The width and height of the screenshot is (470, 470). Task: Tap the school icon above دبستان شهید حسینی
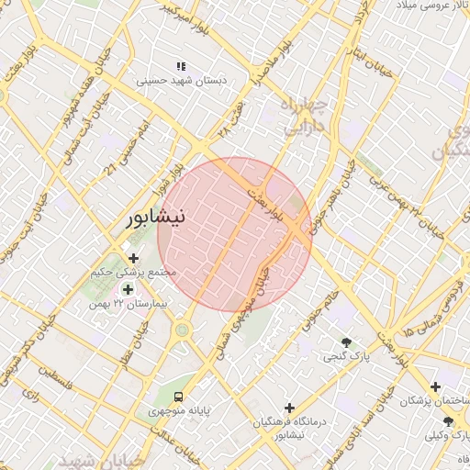pyautogui.click(x=181, y=66)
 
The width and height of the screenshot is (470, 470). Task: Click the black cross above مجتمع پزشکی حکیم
pyautogui.click(x=134, y=258)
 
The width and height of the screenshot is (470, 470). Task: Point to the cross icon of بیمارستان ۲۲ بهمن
pyautogui.click(x=127, y=289)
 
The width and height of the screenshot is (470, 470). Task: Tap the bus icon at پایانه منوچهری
pyautogui.click(x=177, y=397)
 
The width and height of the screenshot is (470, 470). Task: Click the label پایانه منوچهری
pyautogui.click(x=179, y=411)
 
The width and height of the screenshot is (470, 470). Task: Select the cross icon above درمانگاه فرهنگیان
pyautogui.click(x=290, y=407)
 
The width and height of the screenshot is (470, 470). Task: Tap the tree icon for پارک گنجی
pyautogui.click(x=346, y=341)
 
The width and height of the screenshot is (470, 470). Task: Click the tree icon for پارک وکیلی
pyautogui.click(x=448, y=420)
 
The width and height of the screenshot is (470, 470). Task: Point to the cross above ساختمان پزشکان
pyautogui.click(x=435, y=386)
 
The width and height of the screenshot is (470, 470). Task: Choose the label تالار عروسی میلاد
pyautogui.click(x=430, y=6)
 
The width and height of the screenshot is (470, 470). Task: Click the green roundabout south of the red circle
pyautogui.click(x=182, y=329)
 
